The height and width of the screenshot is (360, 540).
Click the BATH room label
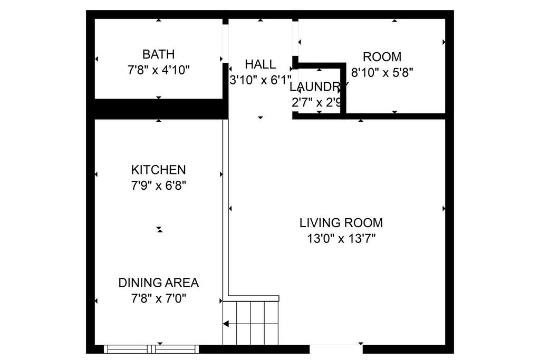158,54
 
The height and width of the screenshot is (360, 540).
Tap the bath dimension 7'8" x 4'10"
158,70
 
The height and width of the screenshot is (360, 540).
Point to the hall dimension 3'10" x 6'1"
261,80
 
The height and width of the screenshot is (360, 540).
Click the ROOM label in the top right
382,57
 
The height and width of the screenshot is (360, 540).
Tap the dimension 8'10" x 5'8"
382,73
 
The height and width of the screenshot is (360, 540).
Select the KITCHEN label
158,170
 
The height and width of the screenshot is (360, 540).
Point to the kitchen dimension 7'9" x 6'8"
158,186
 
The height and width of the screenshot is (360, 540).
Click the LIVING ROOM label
341,222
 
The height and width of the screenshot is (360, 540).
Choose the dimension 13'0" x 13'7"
341,239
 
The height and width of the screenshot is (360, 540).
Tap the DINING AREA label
158,283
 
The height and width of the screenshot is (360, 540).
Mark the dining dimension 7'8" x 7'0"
158,298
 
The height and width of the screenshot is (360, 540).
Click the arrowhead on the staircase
226,324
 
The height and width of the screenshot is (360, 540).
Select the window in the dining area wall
151,349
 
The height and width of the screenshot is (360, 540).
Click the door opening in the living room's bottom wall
336,349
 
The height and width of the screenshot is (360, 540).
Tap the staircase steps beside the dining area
250,323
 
